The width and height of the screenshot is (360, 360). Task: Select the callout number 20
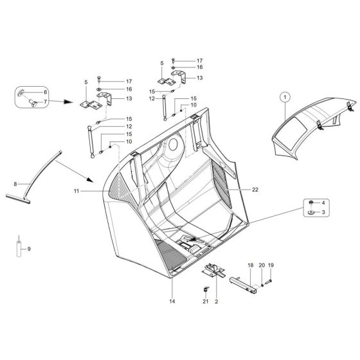(x=262, y=265)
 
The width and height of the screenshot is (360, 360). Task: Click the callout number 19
(x=271, y=265)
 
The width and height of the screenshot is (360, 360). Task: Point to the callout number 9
(x=28, y=248)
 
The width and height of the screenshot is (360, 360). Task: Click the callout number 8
(x=15, y=184)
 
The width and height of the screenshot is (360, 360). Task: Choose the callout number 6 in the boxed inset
(x=45, y=93)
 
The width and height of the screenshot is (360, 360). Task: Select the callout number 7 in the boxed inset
(x=45, y=101)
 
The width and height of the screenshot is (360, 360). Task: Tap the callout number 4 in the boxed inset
(x=324, y=203)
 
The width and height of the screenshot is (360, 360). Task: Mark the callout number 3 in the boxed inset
(x=324, y=212)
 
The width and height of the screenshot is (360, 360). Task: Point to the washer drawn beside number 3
(x=311, y=212)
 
